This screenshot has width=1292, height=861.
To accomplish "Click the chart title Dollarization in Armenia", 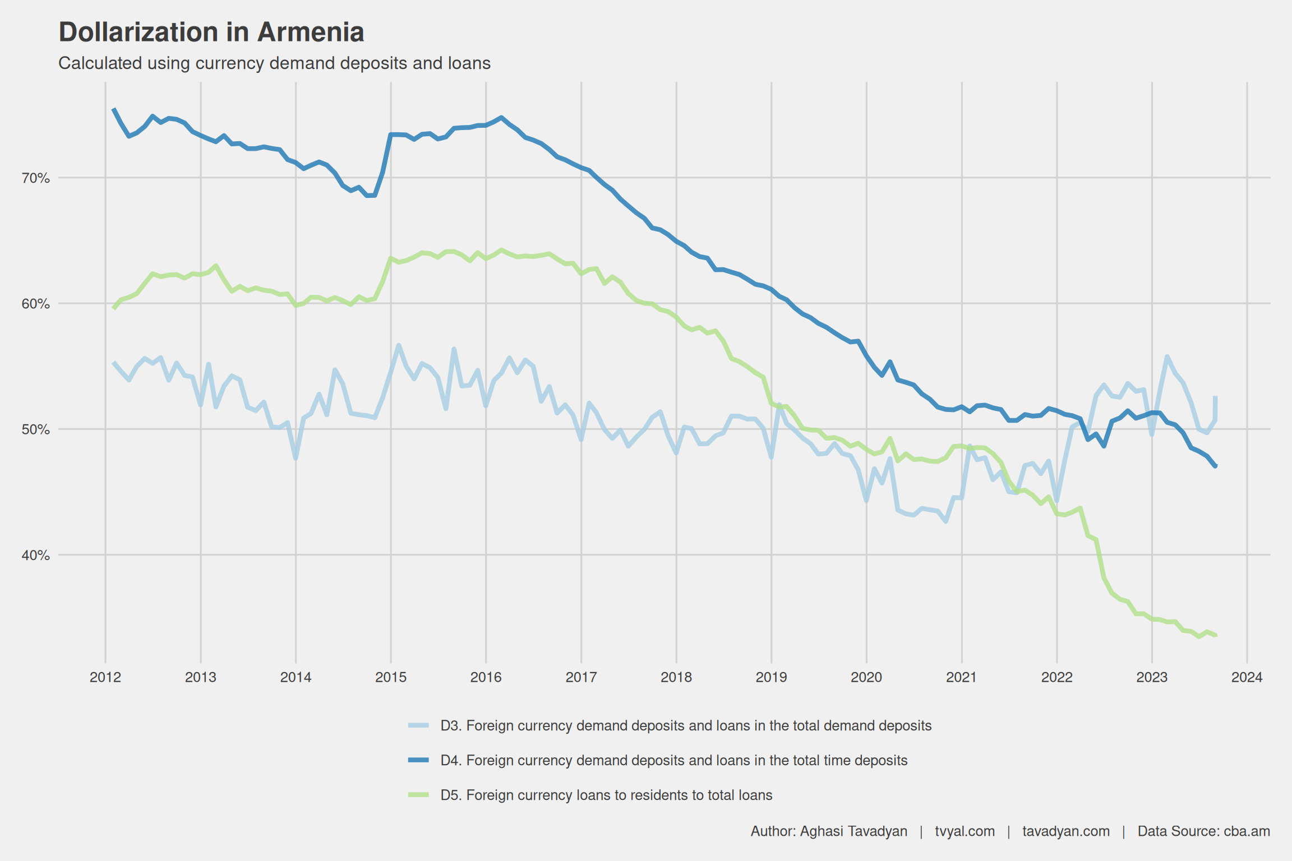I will coord(211,33).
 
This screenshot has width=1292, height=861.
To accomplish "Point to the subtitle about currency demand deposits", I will coord(274,63).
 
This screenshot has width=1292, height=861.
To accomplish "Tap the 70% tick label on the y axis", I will coord(36,178).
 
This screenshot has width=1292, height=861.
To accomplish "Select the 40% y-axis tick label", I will coord(36,556).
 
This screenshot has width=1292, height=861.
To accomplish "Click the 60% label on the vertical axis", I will coord(36,304).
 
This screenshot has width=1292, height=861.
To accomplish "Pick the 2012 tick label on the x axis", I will coord(105,677).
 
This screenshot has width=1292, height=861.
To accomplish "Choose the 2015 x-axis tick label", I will coord(391,677).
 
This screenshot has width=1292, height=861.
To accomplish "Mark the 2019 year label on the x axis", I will coord(771,677).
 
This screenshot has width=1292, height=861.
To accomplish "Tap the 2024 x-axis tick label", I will coord(1247,677).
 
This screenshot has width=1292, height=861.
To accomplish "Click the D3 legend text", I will coord(686,726).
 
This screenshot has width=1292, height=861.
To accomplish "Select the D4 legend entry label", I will coord(673,761).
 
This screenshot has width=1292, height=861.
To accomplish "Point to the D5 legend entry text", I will coord(606,795).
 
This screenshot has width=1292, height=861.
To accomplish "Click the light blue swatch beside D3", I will coord(418,726).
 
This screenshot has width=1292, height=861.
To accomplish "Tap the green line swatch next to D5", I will coord(418,795).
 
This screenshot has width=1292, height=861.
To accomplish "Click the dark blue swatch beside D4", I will coord(418,760).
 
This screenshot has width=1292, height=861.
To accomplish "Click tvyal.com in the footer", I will coord(965,831).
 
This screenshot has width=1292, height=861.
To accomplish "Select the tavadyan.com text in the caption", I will coord(1065,831).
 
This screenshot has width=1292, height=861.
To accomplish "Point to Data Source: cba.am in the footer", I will coord(1203,831).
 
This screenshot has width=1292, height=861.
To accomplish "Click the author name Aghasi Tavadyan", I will coord(853,831).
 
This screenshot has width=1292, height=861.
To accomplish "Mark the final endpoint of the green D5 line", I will coord(1215,635).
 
